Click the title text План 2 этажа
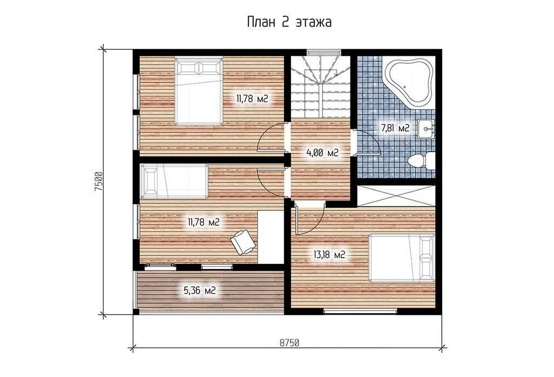[x=289, y=22]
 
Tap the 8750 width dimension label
[x=289, y=343]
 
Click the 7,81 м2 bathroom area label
[x=395, y=128]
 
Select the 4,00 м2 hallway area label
[x=322, y=153]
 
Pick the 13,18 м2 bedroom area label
[x=329, y=254]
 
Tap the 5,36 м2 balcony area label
[x=200, y=291]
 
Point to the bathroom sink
[x=426, y=129]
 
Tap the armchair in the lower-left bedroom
[x=243, y=242]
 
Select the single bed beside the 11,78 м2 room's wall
[x=175, y=181]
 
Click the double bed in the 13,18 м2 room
[x=402, y=258]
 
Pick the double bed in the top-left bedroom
[x=199, y=92]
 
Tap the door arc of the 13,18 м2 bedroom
[x=318, y=222]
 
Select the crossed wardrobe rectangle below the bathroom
[x=396, y=195]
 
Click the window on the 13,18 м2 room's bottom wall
[x=360, y=311]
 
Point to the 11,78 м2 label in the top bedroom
[x=252, y=99]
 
